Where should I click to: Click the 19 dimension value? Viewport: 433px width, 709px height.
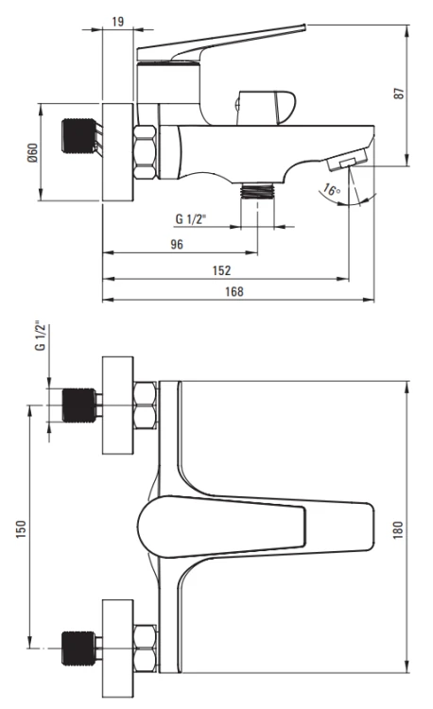point(117,21)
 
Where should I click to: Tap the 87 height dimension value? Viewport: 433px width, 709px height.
point(399,94)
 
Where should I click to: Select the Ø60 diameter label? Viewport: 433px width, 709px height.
point(32,152)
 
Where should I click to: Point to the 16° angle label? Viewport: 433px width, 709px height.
point(332,190)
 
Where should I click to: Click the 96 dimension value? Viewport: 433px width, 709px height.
point(177,244)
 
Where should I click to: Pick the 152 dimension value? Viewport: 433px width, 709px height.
point(221,270)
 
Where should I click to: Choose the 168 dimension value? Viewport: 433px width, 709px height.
point(234,292)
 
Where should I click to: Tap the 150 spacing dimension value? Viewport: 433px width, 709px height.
point(21,529)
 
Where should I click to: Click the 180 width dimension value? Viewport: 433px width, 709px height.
point(398,530)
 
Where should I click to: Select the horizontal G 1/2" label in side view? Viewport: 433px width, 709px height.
point(190,219)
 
